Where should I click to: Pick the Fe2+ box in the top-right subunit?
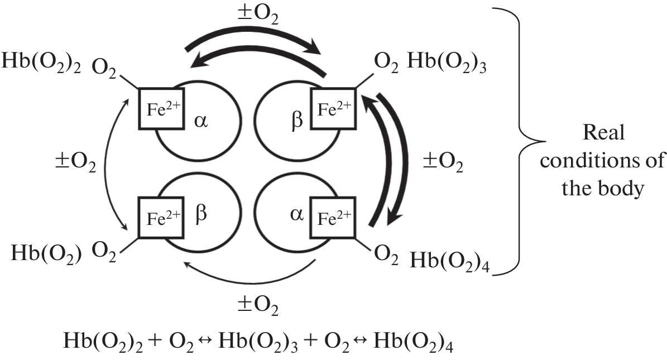coord(334,108)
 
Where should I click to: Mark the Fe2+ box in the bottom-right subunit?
coord(334,218)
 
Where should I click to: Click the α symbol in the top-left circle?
coord(201,121)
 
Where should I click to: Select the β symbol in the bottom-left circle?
coord(201,215)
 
